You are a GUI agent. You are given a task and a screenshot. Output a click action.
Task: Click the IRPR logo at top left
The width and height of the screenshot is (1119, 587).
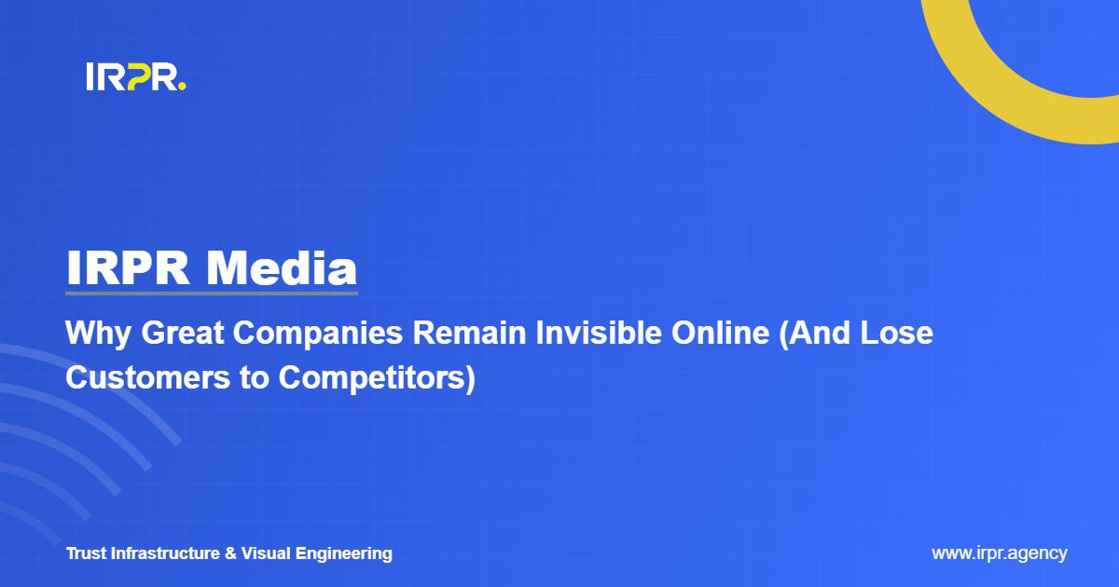coord(135,77)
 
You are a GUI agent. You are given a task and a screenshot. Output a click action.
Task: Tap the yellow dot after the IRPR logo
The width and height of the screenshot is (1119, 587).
coord(182,88)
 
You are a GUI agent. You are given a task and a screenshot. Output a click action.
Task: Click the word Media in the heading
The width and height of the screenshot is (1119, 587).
coord(282,268)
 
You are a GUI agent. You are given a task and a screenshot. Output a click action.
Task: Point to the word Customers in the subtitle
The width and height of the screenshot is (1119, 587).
coord(140,379)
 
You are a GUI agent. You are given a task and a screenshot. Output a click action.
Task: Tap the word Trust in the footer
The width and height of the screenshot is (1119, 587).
coord(86,553)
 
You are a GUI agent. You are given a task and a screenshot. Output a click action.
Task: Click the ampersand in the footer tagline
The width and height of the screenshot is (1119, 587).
coord(231,553)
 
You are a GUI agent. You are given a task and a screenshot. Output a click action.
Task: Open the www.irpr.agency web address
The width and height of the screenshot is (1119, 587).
coord(999,553)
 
